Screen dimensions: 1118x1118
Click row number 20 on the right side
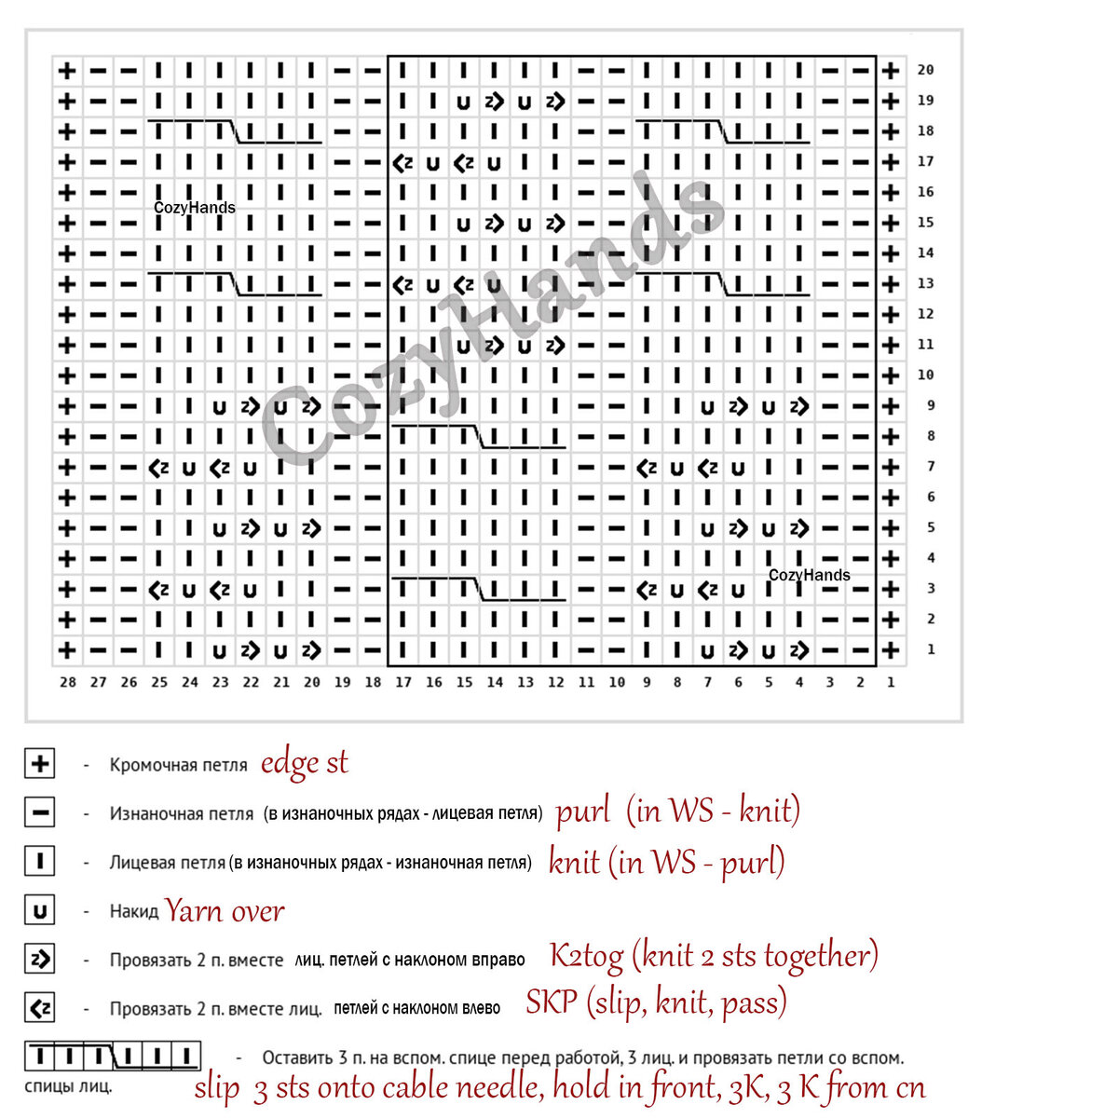[925, 70]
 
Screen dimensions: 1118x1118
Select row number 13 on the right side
[925, 283]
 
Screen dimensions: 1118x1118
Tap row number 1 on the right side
[931, 649]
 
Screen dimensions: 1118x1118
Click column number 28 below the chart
[68, 682]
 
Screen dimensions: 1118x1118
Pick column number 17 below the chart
[403, 682]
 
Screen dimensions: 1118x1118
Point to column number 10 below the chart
[617, 682]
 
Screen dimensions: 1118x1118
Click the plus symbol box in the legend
[40, 764]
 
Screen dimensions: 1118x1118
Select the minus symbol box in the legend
[40, 812]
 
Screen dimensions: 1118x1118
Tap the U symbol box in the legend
[40, 910]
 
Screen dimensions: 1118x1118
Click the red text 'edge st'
[304, 763]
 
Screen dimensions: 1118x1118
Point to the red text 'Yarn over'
[225, 910]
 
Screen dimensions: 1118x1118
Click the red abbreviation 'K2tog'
[583, 955]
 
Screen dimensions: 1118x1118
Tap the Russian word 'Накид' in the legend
[134, 911]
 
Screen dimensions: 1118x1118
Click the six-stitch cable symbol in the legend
[113, 1057]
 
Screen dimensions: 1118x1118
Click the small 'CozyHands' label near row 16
[195, 207]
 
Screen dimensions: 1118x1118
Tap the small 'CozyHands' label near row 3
[809, 575]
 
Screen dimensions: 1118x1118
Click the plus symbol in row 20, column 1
[891, 70]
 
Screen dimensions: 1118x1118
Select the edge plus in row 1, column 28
[67, 650]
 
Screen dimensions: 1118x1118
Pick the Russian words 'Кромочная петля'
[178, 766]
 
